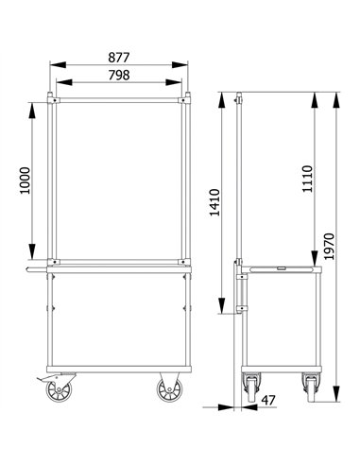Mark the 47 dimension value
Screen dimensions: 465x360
point(267,401)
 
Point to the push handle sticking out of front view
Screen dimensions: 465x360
point(36,271)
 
